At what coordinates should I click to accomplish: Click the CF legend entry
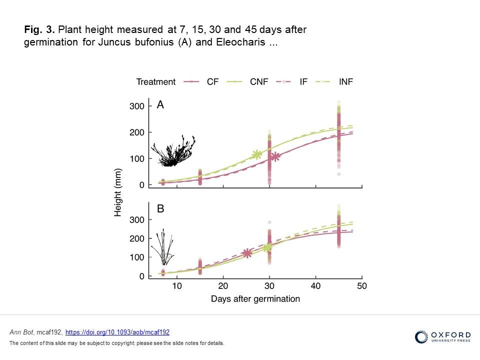click(202, 81)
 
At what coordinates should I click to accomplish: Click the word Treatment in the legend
click(156, 81)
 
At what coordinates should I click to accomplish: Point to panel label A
click(160, 105)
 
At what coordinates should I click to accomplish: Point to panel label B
click(160, 209)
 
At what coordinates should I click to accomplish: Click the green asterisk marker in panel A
click(257, 155)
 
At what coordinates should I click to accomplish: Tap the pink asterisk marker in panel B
click(247, 253)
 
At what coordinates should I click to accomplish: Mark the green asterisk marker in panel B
click(267, 247)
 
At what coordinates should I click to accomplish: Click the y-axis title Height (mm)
click(118, 191)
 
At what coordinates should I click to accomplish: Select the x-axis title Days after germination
click(255, 299)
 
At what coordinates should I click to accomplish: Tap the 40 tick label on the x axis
click(315, 285)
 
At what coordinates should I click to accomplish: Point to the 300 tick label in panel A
click(137, 106)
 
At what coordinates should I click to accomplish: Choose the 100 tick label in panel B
click(137, 257)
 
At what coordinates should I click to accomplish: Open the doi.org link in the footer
click(117, 332)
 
